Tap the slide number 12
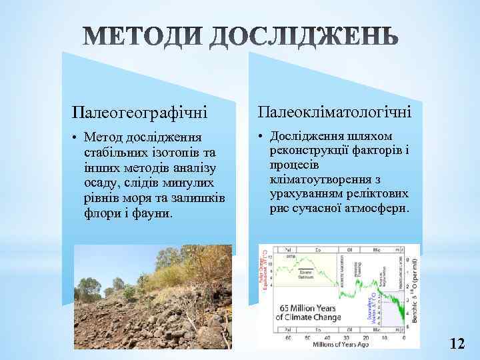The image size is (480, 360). [x=457, y=344]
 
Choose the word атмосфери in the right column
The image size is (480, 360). [x=377, y=209]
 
